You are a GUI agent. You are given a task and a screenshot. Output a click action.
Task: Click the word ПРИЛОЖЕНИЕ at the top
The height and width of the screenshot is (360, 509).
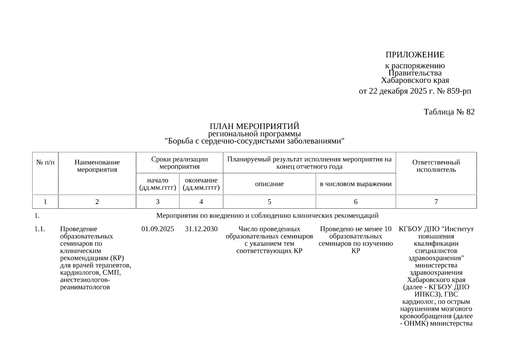click(415, 55)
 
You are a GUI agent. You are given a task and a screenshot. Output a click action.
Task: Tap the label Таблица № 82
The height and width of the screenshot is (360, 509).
click(449, 112)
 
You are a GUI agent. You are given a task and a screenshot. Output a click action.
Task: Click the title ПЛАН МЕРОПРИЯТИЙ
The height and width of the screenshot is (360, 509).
click(254, 126)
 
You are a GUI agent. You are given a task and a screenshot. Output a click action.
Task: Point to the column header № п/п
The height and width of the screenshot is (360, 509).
click(45, 162)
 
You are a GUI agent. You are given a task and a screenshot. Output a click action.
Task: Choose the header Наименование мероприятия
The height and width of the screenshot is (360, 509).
click(97, 166)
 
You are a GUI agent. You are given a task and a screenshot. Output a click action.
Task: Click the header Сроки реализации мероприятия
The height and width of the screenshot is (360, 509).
click(179, 163)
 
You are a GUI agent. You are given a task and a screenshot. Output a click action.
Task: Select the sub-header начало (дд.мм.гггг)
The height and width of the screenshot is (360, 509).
click(157, 184)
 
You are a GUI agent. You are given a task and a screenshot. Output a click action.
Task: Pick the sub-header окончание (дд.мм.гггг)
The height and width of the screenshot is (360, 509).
click(201, 184)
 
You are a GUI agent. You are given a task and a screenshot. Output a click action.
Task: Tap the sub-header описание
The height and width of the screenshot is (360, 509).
click(269, 184)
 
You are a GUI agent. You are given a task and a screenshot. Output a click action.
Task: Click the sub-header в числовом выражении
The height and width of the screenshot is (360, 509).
click(356, 184)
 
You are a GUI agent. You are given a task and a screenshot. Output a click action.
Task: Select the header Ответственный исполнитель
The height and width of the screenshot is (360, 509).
click(436, 166)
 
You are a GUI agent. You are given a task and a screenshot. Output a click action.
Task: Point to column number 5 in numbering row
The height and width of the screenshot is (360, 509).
click(269, 202)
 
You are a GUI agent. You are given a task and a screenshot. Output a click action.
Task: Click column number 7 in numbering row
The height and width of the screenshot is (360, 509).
click(436, 202)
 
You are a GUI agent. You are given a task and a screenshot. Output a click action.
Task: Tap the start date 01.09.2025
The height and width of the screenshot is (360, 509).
click(157, 229)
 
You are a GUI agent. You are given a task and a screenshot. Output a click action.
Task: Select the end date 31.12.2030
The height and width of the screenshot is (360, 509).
click(201, 229)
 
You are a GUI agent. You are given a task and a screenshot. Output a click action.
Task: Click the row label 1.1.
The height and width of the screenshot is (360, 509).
click(40, 229)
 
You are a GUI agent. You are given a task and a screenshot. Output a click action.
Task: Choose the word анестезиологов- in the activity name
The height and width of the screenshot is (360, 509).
click(85, 280)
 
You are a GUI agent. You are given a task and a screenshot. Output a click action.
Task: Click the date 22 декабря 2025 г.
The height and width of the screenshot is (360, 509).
click(397, 91)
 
